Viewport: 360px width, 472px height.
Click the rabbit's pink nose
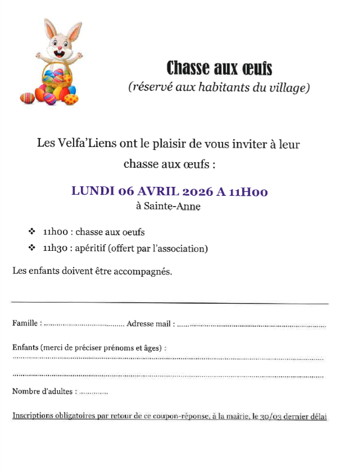click(58, 47)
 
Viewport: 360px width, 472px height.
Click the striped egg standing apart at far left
click(26, 98)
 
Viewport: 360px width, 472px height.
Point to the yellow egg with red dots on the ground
click(71, 99)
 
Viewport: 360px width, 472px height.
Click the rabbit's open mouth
click(58, 53)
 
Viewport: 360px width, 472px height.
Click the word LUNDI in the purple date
click(93, 191)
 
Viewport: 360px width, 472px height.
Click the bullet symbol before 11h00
click(31, 231)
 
